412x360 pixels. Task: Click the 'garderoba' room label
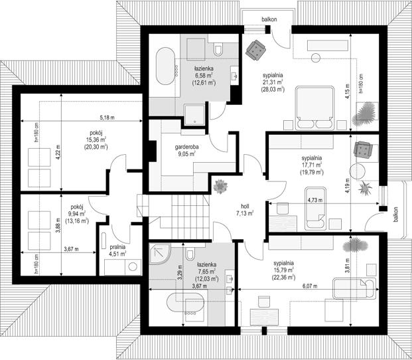pyautogui.click(x=187, y=147)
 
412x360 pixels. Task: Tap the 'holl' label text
pyautogui.click(x=245, y=206)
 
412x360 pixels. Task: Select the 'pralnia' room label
pyautogui.click(x=117, y=247)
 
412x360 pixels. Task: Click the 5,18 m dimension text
pyautogui.click(x=107, y=118)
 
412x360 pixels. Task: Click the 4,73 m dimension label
pyautogui.click(x=315, y=200)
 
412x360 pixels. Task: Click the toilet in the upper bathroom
pyautogui.click(x=218, y=49)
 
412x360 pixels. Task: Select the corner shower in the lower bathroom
pyautogui.click(x=160, y=254)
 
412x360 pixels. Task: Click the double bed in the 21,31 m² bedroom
pyautogui.click(x=314, y=108)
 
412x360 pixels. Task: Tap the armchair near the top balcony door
pyautogui.click(x=255, y=50)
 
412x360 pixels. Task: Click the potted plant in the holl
pyautogui.click(x=220, y=187)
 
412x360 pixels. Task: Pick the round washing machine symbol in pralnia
pyautogui.click(x=133, y=267)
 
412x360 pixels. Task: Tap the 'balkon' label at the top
pyautogui.click(x=269, y=19)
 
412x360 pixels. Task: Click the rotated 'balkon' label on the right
pyautogui.click(x=395, y=215)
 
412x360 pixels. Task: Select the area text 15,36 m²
pyautogui.click(x=96, y=139)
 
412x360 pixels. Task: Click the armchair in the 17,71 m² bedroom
pyautogui.click(x=363, y=150)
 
